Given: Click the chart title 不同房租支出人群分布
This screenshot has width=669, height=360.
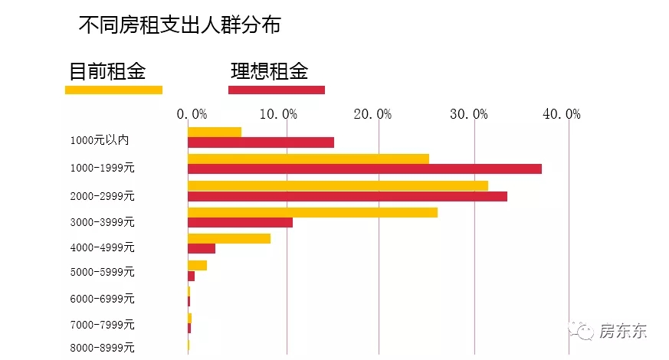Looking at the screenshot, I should [179, 25].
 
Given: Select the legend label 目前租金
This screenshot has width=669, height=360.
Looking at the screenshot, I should [107, 71].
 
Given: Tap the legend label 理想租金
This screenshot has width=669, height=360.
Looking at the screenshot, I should [270, 71].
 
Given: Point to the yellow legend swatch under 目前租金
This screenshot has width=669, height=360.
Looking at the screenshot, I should [113, 90].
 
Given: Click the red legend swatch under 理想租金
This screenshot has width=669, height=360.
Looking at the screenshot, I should [277, 90].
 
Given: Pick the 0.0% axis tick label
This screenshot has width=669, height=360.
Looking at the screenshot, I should [192, 114].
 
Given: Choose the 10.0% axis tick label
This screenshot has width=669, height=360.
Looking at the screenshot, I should [280, 114].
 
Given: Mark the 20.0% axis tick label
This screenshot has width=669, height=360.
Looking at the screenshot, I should [374, 114].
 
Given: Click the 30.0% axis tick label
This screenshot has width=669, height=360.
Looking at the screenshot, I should [469, 114].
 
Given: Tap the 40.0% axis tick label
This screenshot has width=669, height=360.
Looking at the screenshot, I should [562, 114].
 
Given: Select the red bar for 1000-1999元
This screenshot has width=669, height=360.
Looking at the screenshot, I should [364, 169].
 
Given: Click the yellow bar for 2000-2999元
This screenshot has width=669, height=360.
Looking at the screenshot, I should [337, 185].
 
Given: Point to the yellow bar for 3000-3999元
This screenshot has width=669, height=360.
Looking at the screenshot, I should [312, 212].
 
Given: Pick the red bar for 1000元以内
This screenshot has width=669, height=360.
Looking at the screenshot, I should [261, 142].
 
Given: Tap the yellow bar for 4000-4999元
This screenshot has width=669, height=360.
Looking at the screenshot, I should [228, 238].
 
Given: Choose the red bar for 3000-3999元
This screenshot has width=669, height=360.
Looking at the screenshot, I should [240, 222].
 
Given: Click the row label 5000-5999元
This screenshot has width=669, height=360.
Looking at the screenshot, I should [102, 272].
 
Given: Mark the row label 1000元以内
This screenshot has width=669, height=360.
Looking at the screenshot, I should [99, 140].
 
